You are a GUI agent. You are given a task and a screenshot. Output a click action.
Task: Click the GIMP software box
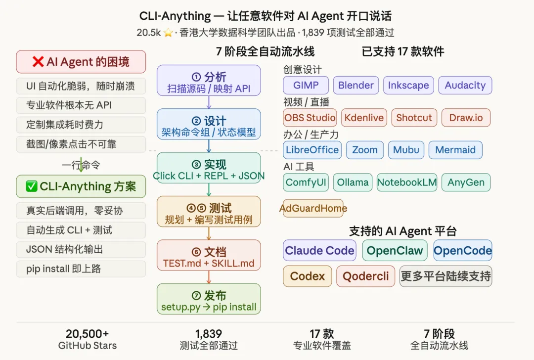[306, 85]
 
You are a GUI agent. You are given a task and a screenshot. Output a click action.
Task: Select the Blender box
[356, 85]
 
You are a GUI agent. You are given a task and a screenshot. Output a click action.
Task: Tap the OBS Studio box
[310, 118]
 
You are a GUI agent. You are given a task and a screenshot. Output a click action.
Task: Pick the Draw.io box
[466, 118]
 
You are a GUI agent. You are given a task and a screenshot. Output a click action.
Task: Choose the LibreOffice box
[312, 150]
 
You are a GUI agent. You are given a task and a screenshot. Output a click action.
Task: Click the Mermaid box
[455, 150]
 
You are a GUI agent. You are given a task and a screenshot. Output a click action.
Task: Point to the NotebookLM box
[407, 182]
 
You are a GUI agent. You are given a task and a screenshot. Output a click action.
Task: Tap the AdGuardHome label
[313, 208]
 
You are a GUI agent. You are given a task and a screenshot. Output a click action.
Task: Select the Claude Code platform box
[319, 251]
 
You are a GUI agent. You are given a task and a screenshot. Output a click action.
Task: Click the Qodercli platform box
[366, 276]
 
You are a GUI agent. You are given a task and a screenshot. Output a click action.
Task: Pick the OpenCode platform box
[462, 251]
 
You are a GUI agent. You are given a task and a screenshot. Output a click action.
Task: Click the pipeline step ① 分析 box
[209, 80]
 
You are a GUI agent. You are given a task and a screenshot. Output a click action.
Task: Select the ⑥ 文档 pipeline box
[209, 255]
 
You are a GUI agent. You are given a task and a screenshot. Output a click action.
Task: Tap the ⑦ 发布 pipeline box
[209, 299]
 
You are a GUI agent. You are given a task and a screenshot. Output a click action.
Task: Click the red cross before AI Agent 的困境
[38, 62]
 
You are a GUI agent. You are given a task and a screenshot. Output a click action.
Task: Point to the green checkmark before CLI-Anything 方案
[32, 186]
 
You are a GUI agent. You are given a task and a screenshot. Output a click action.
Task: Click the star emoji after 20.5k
[168, 33]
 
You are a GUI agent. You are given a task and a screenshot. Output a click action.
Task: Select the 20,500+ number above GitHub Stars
[87, 334]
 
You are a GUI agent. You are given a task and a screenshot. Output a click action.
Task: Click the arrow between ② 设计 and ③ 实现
[209, 145]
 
